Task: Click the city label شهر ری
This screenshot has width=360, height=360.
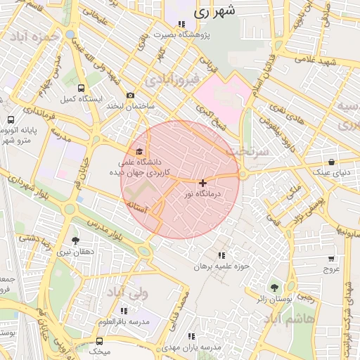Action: (x=212, y=12)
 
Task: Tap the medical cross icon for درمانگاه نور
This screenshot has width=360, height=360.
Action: (x=203, y=183)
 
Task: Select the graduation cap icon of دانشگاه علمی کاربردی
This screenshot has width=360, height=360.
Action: (x=139, y=152)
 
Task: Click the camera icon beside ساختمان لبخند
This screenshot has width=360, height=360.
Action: (x=130, y=96)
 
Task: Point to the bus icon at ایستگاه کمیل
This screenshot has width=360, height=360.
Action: (x=82, y=89)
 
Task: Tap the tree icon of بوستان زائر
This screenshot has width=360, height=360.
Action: (x=274, y=287)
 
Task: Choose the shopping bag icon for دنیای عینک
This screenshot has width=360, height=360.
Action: (x=331, y=162)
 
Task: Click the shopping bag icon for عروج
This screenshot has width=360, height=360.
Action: (x=331, y=258)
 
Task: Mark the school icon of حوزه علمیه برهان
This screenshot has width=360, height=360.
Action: (x=223, y=256)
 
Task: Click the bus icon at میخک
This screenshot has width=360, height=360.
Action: (x=99, y=341)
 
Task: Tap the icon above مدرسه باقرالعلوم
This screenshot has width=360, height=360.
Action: (x=124, y=311)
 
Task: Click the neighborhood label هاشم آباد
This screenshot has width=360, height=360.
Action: (x=289, y=320)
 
